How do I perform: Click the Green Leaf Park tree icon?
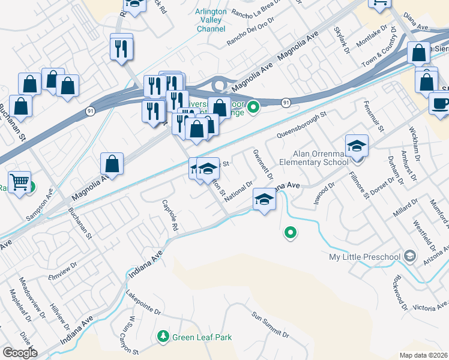click(x=163, y=337)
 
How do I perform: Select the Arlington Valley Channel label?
click(x=211, y=20)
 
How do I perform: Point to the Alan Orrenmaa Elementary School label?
click(x=321, y=158)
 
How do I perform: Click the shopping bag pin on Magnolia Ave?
click(x=112, y=163)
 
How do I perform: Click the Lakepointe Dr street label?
click(x=143, y=303)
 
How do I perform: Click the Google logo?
click(x=20, y=353)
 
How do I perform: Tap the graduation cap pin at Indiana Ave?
click(x=263, y=199)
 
